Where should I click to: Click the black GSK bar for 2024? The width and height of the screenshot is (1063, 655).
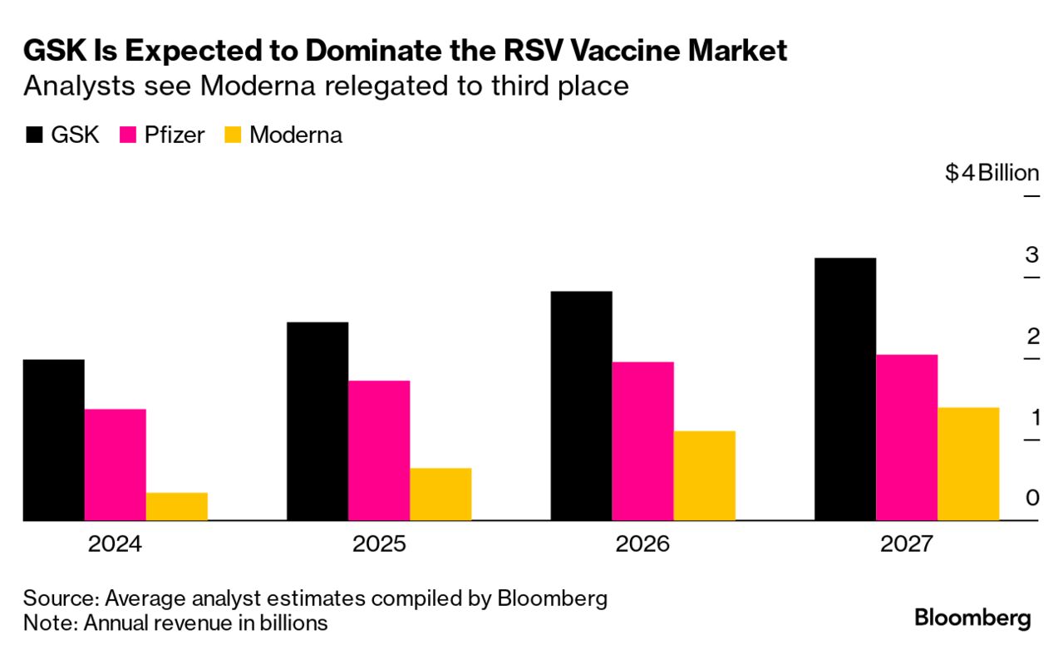[53, 440]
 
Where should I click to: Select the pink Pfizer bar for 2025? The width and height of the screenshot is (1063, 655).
[379, 451]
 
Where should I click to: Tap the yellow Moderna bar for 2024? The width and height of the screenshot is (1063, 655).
[177, 506]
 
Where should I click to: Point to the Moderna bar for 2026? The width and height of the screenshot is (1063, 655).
[704, 475]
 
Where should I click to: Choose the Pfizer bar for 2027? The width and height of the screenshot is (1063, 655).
[907, 437]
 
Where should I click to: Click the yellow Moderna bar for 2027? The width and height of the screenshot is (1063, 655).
[968, 464]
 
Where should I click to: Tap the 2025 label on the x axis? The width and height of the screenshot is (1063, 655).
[379, 545]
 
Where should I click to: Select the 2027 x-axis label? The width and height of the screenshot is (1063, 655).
[907, 545]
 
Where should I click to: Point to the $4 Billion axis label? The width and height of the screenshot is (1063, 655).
[992, 173]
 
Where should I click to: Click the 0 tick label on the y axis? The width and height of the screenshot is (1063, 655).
[1032, 498]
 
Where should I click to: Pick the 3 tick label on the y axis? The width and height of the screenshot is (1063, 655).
[1032, 254]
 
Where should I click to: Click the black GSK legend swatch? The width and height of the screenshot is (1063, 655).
[34, 135]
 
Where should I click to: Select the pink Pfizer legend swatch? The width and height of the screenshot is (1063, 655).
[130, 135]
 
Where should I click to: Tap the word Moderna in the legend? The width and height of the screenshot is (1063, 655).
[296, 135]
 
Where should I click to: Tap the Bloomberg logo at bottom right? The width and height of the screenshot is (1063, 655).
[972, 618]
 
